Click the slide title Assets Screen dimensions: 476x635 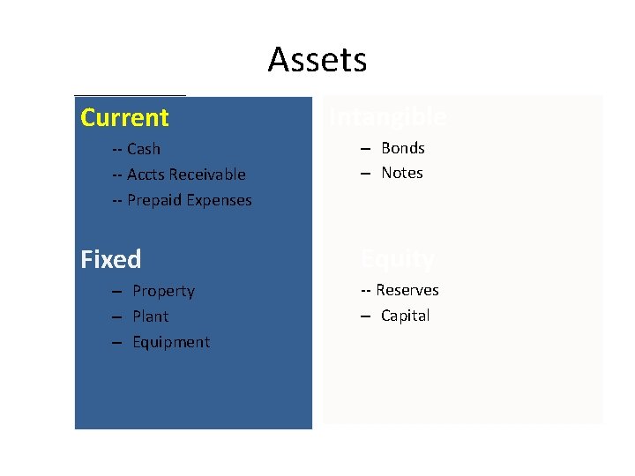[317, 60]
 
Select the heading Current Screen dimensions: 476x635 [124, 117]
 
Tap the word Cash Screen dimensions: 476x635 [144, 149]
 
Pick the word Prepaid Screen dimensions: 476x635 [153, 200]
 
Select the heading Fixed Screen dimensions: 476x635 [110, 259]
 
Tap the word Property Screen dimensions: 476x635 [163, 291]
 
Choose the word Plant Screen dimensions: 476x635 [150, 316]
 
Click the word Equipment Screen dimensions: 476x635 [171, 342]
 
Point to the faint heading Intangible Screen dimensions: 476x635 [388, 116]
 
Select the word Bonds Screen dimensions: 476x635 [403, 148]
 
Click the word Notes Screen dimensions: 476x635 [402, 173]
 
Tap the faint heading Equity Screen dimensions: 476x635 [398, 258]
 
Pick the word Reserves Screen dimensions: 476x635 [407, 290]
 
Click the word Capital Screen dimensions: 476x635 [405, 316]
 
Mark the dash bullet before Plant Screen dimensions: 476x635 [116, 316]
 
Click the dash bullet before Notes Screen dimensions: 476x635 [365, 173]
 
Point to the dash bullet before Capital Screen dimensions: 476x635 [365, 316]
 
